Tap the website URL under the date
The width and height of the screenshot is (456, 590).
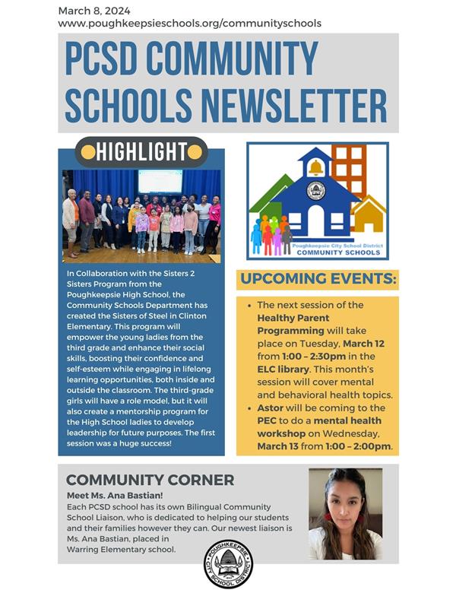(189, 24)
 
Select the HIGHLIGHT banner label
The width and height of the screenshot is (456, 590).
(141, 152)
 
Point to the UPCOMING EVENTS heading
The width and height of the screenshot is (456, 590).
(318, 279)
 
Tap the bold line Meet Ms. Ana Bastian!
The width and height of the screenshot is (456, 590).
(116, 495)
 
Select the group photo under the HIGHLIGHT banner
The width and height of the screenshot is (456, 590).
(141, 216)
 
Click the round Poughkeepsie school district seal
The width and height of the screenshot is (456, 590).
(229, 563)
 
